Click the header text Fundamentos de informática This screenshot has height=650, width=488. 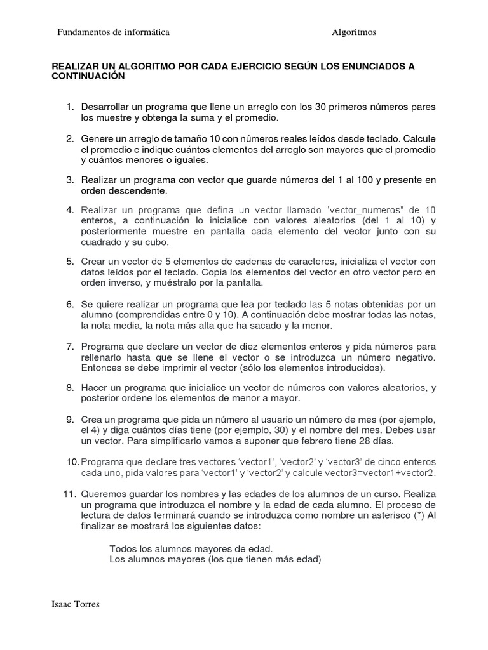(113, 32)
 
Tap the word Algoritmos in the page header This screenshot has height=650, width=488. (354, 32)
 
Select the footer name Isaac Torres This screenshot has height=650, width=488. (75, 604)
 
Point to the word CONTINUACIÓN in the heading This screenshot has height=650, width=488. (88, 76)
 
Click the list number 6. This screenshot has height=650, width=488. (71, 304)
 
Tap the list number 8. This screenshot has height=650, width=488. (71, 387)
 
